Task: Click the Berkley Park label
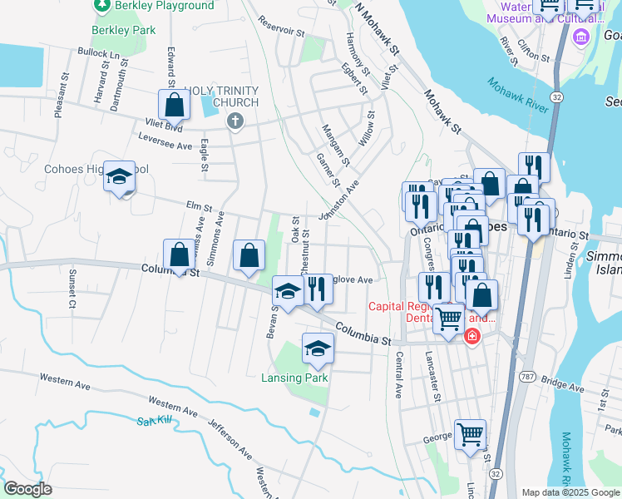124,30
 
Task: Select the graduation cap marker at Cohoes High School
120,178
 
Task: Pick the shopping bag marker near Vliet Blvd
174,106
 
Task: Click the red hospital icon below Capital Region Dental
471,337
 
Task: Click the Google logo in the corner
27,489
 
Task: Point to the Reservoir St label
281,26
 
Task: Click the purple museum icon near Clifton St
580,36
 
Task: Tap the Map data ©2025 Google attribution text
570,492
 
